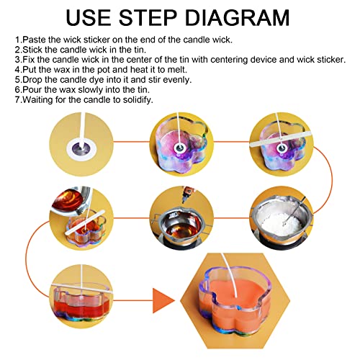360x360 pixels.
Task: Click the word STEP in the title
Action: (x=148, y=17)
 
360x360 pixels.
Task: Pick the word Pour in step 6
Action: (x=32, y=90)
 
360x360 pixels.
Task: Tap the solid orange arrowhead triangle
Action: (x=163, y=300)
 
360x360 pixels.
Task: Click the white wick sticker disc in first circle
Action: (x=81, y=150)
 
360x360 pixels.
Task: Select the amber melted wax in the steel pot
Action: (x=181, y=229)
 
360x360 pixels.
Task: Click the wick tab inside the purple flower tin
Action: (x=179, y=148)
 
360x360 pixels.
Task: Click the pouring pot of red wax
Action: (x=71, y=200)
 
